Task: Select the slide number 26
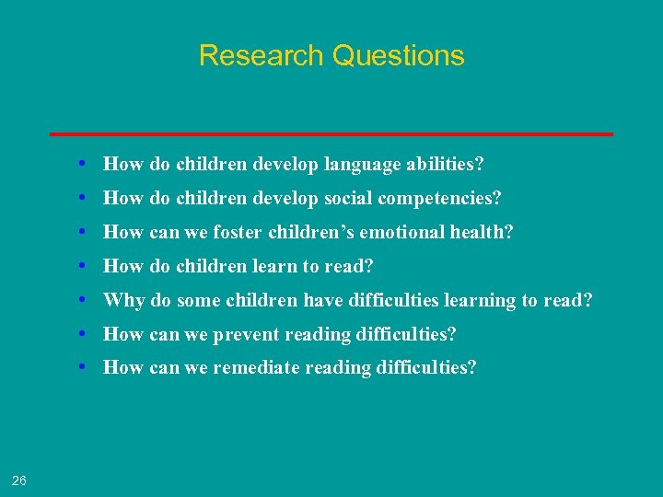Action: (x=19, y=480)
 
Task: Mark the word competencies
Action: (x=443, y=199)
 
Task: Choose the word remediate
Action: (x=255, y=368)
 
